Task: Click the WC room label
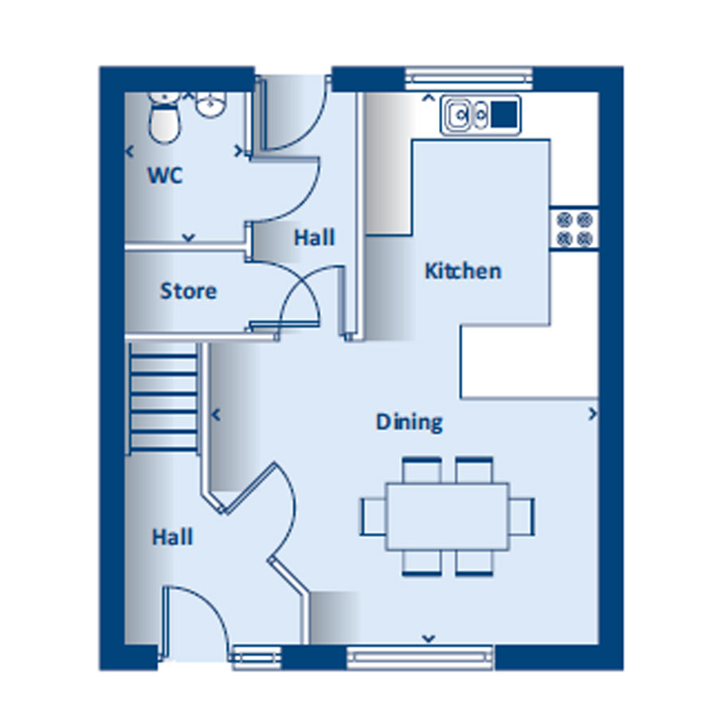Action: point(165,175)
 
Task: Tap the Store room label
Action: point(188,291)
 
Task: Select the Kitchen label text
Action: point(463,271)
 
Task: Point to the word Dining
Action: point(409,422)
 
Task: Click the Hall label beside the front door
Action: point(172,537)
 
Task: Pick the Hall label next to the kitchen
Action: point(314,237)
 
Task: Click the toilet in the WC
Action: point(165,117)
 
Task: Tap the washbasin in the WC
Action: point(211,104)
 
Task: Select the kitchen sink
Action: point(467,116)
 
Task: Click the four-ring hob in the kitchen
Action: point(574,229)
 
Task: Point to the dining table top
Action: point(448,516)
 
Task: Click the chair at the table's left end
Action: point(374,516)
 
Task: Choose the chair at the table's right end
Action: point(522,516)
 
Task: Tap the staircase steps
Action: point(163,397)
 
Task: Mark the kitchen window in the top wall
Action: point(469,79)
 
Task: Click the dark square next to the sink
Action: point(504,114)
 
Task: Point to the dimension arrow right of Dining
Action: point(593,413)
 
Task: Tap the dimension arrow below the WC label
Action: point(188,237)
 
